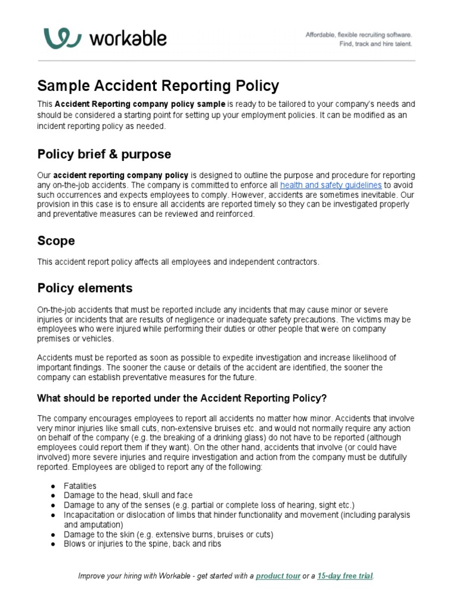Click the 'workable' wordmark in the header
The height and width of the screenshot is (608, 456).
click(x=128, y=39)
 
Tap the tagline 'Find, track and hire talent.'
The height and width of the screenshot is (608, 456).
click(x=375, y=44)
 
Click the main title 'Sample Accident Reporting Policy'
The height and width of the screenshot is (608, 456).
click(x=158, y=85)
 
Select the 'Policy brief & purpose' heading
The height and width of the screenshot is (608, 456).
click(x=104, y=154)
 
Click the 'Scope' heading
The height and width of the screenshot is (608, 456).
click(x=56, y=240)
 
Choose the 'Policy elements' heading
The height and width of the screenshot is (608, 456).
click(x=85, y=288)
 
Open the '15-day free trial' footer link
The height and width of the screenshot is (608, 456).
click(x=345, y=576)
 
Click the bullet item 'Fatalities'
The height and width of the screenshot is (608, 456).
click(x=80, y=486)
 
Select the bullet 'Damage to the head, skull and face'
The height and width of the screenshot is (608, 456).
click(x=128, y=495)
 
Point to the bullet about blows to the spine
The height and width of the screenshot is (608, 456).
click(x=142, y=543)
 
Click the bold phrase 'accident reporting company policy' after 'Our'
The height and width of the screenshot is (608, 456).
click(x=121, y=176)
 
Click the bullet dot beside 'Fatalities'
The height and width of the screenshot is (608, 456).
click(x=53, y=486)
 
